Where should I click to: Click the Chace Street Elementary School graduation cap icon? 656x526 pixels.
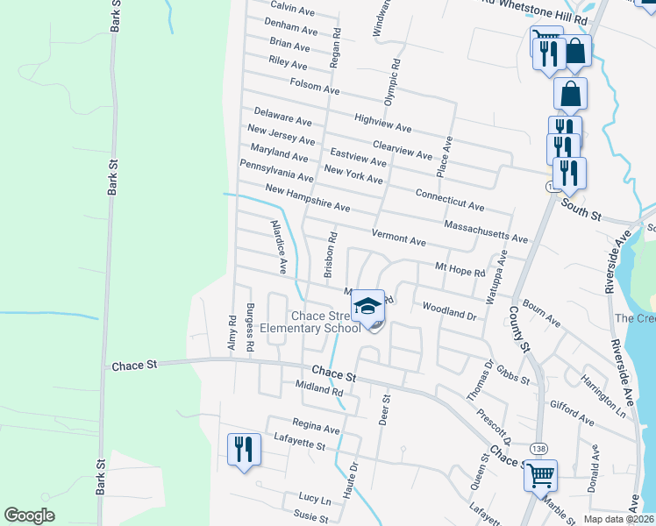coord(369,307)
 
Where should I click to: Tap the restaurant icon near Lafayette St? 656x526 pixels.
coord(243,450)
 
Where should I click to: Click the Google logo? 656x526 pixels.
coord(30,515)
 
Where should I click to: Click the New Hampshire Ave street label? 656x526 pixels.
coord(307,199)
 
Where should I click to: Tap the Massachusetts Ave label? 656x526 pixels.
coord(486,232)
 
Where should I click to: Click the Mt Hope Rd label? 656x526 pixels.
coord(460,268)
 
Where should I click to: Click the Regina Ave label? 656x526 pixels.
coord(316,425)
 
